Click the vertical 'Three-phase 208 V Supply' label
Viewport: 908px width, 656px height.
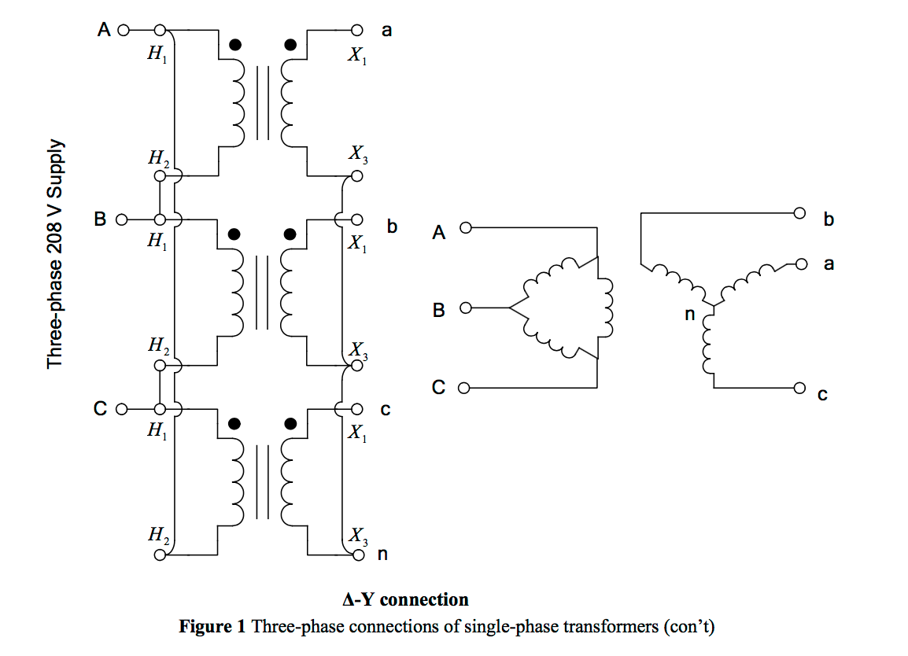pyautogui.click(x=54, y=255)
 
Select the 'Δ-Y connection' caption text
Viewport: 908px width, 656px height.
pyautogui.click(x=405, y=599)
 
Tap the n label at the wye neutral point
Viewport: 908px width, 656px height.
pyautogui.click(x=690, y=315)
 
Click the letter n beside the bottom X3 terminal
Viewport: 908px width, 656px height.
pyautogui.click(x=383, y=555)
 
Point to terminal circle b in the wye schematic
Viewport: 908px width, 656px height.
pyautogui.click(x=800, y=213)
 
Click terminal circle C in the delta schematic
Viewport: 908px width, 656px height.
pyautogui.click(x=464, y=388)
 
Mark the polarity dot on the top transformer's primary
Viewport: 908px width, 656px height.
pyautogui.click(x=234, y=45)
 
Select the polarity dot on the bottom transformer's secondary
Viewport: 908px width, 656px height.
pyautogui.click(x=290, y=424)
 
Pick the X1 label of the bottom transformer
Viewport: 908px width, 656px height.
pyautogui.click(x=357, y=433)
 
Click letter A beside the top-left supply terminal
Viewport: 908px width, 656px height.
pyautogui.click(x=103, y=31)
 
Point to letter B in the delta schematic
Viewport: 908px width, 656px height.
pyautogui.click(x=439, y=310)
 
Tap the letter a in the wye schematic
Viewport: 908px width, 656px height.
pyautogui.click(x=828, y=264)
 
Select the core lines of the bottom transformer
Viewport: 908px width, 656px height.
pyautogui.click(x=263, y=481)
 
